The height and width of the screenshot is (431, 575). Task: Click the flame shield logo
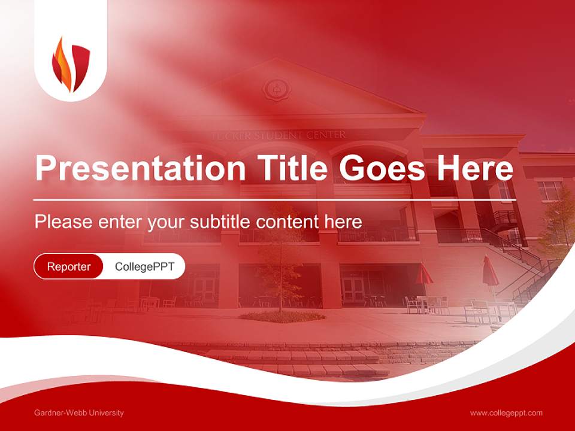[71, 65]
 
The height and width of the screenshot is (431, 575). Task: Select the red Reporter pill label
[69, 266]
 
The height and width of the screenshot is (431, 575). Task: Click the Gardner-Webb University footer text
[79, 413]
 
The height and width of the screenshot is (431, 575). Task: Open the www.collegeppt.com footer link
[506, 413]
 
